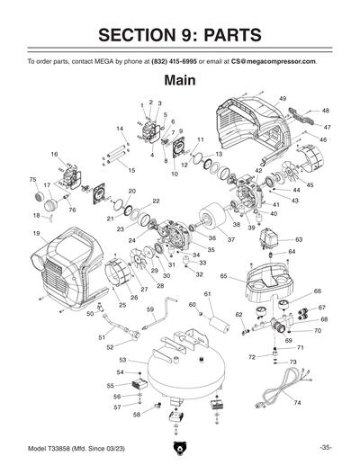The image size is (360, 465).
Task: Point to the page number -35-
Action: (325, 447)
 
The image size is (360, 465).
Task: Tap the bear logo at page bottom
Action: (180, 449)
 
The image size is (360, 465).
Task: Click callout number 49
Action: (283, 97)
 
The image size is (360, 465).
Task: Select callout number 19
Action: (36, 233)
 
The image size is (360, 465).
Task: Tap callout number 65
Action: (223, 276)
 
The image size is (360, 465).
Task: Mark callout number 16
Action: (54, 154)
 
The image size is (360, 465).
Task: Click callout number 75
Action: (33, 180)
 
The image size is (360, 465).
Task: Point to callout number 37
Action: (230, 239)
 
